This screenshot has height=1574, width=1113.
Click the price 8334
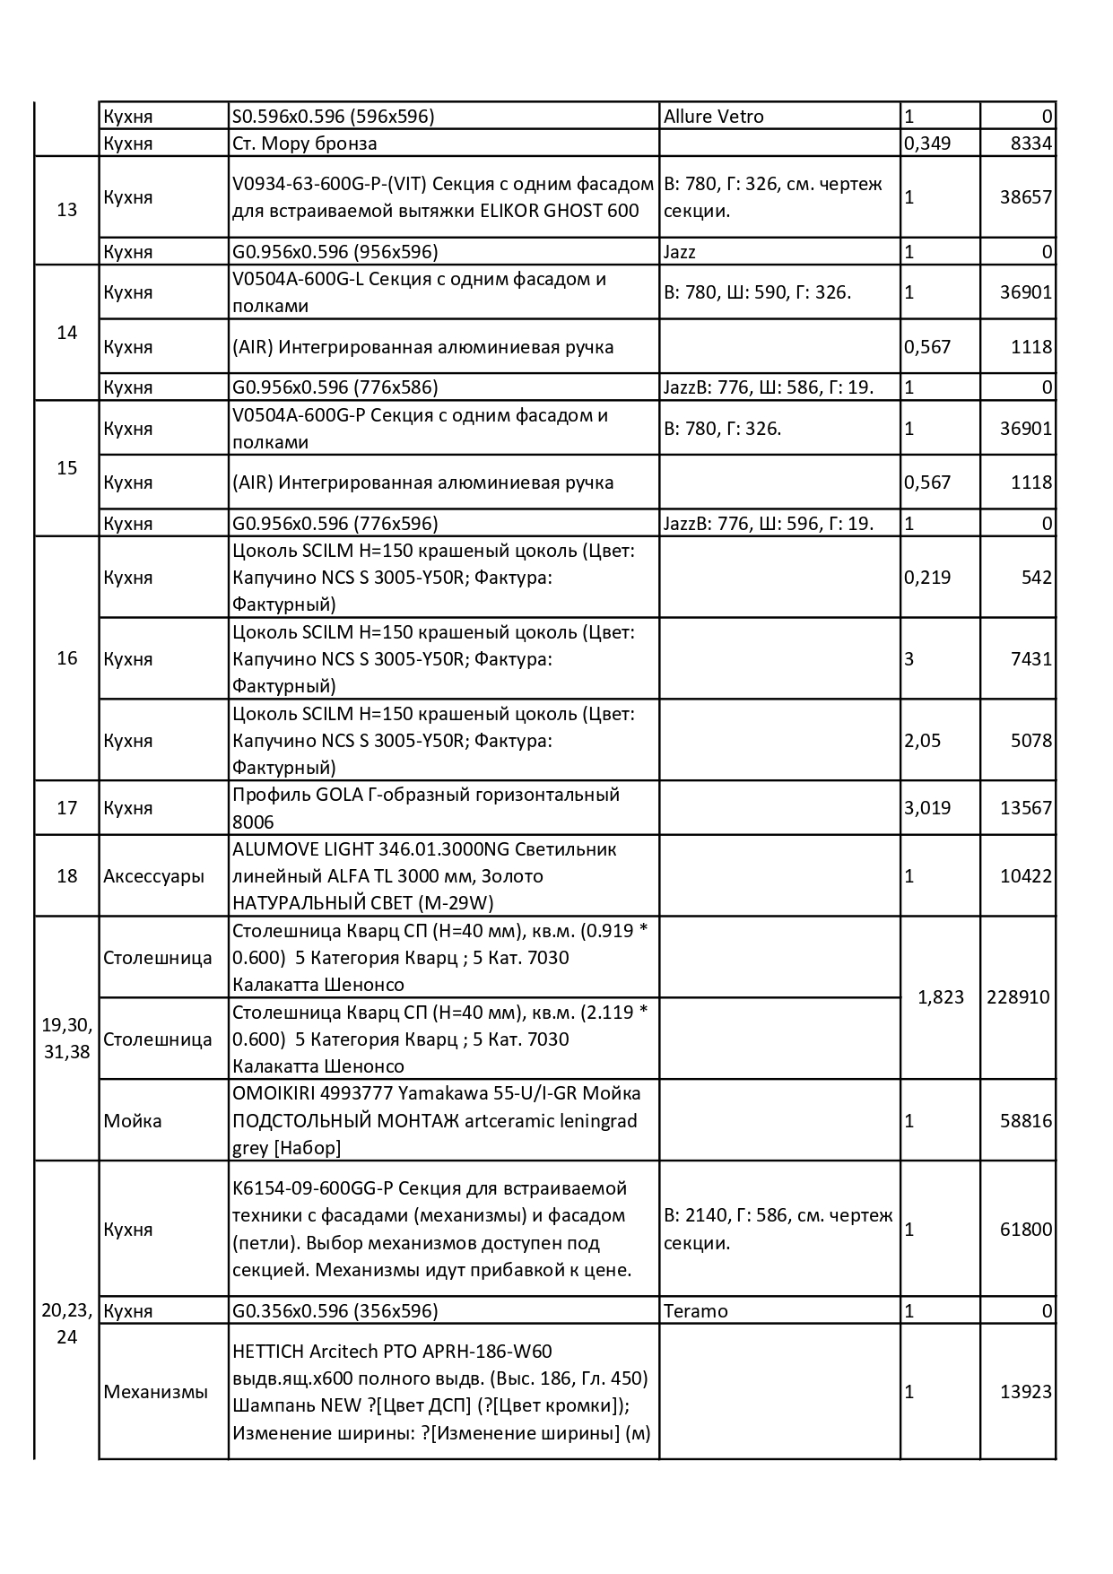[1030, 143]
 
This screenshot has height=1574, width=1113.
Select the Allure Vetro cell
[714, 117]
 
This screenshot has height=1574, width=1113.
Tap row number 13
[67, 210]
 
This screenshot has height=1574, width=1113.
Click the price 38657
[1025, 197]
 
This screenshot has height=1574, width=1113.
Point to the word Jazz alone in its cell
[680, 252]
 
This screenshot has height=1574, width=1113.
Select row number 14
[67, 333]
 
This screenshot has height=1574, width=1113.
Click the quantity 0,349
[927, 143]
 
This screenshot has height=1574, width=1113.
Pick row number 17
[67, 808]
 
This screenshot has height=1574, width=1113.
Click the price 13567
[1025, 808]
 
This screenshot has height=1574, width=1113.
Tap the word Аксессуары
[154, 876]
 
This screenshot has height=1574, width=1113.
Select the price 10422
[1025, 876]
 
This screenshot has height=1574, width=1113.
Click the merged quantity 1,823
[941, 997]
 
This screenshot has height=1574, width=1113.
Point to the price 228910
[1018, 997]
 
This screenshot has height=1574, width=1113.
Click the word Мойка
[133, 1121]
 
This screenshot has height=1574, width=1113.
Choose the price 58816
[1025, 1121]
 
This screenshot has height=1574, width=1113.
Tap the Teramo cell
[696, 1311]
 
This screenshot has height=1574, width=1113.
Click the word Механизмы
[156, 1392]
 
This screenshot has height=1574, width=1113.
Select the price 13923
[1025, 1392]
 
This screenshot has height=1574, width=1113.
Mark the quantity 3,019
[927, 808]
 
